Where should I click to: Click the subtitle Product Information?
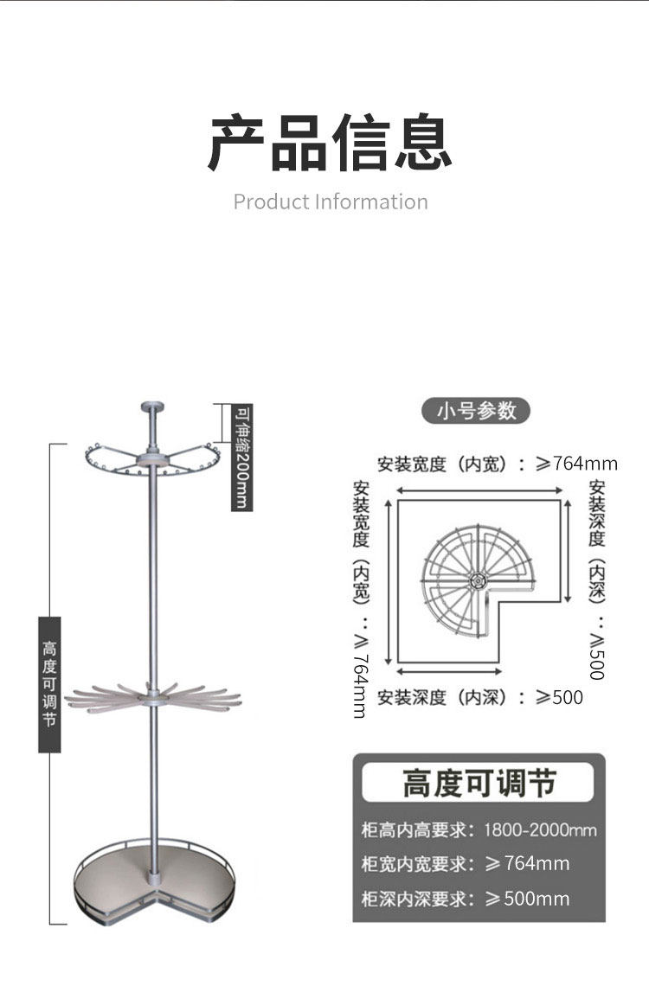click(331, 202)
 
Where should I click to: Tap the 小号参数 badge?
click(475, 410)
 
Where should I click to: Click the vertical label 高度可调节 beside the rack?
click(49, 684)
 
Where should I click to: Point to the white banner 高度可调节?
click(478, 784)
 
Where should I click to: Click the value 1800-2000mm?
click(540, 830)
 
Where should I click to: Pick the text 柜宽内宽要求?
click(418, 864)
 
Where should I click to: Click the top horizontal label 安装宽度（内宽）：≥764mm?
click(497, 464)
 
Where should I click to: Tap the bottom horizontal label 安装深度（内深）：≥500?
click(479, 697)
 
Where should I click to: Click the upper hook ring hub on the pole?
click(153, 458)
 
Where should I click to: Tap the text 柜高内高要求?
click(418, 830)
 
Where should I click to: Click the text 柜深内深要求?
click(418, 899)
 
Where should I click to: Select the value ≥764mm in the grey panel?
click(527, 864)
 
